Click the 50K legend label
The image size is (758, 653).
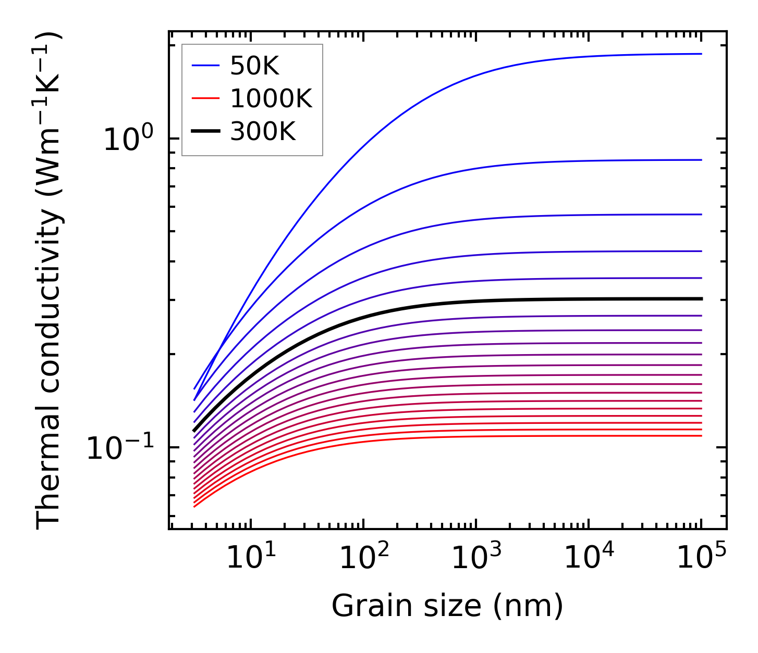(x=254, y=66)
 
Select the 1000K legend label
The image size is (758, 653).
(x=271, y=99)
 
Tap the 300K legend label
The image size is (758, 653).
(x=263, y=132)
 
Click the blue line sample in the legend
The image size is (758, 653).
(x=206, y=66)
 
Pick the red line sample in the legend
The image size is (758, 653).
(x=206, y=99)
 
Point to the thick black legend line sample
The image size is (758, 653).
(x=206, y=132)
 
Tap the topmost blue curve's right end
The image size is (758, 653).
(x=699, y=54)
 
